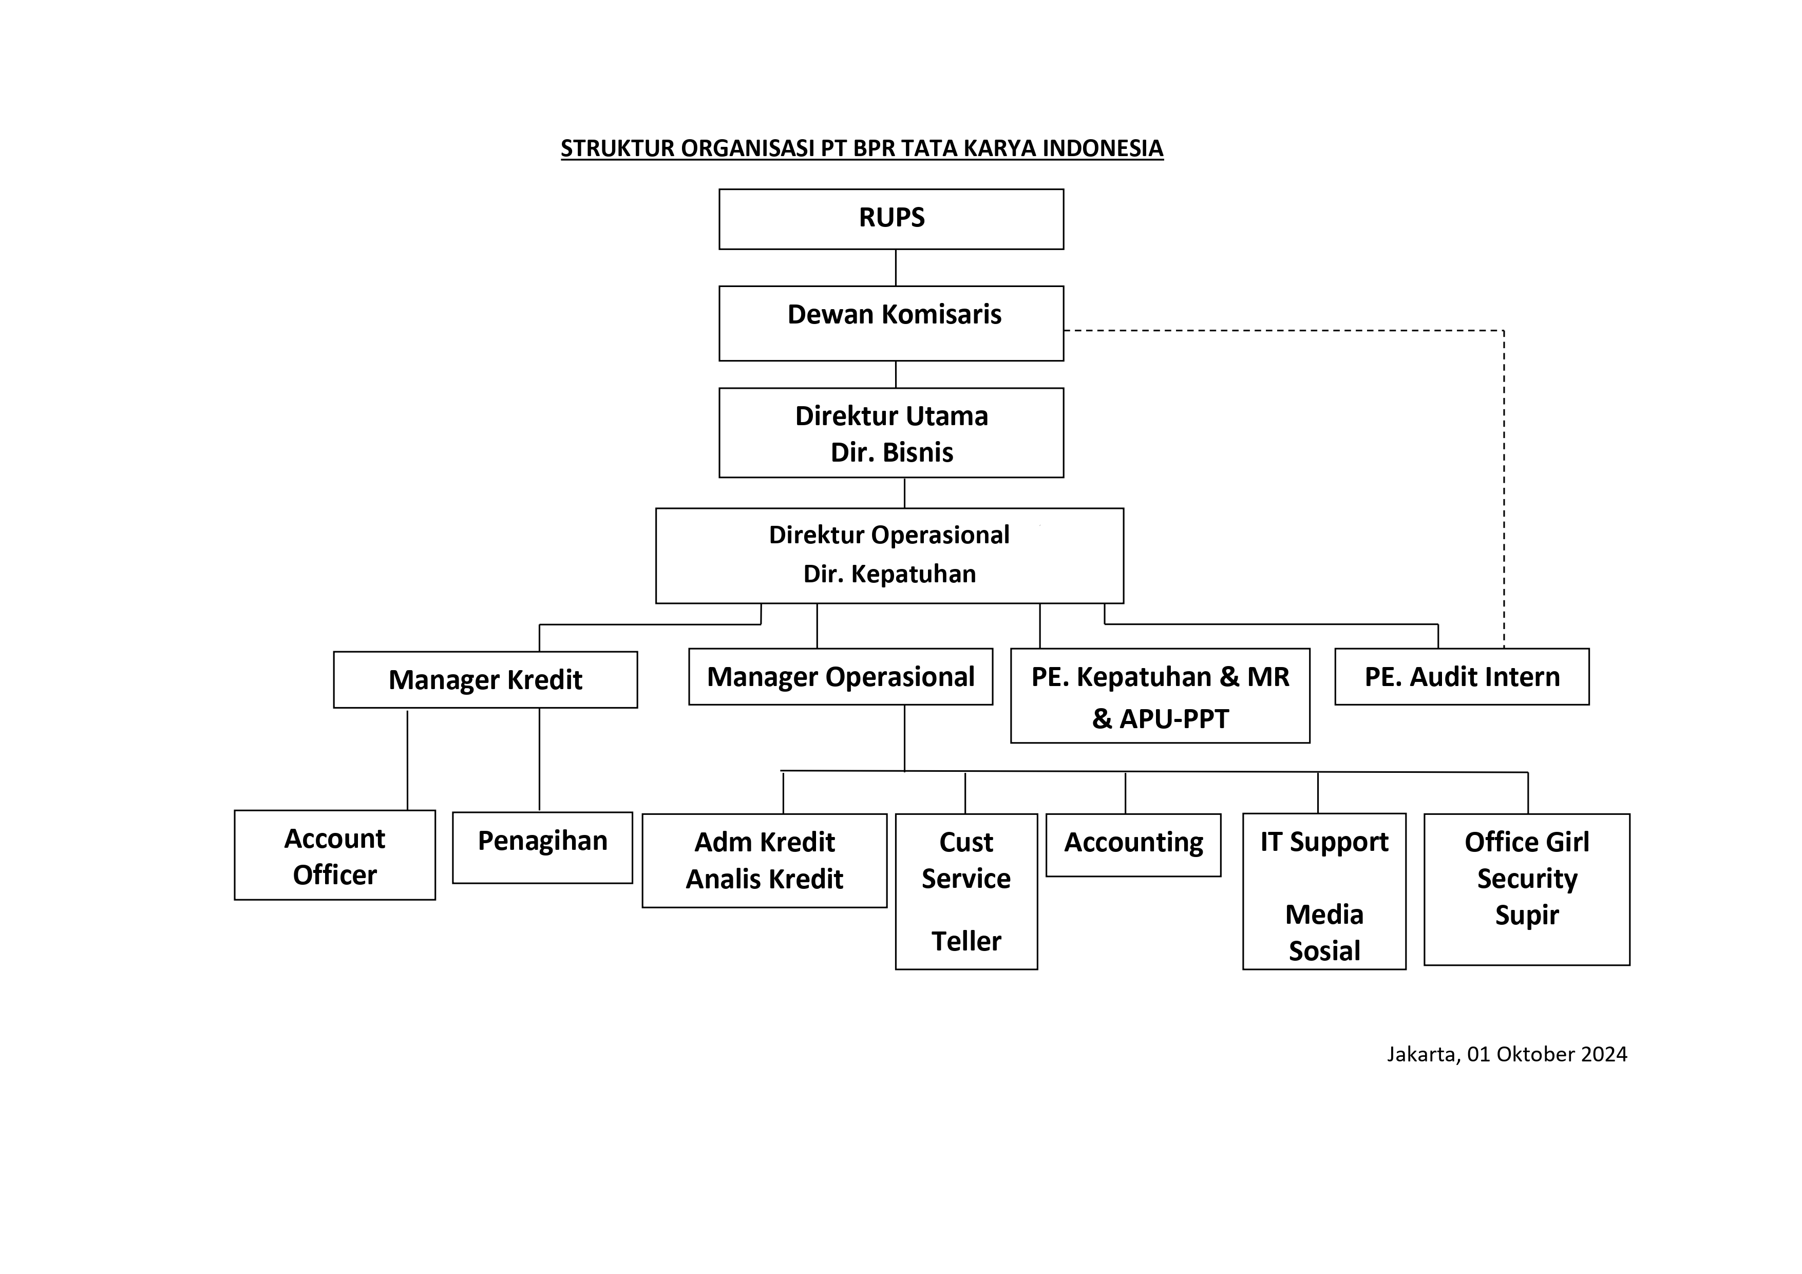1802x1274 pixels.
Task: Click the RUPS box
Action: [891, 219]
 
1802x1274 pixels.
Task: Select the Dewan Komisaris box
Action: [891, 324]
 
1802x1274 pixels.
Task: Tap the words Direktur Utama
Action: [891, 416]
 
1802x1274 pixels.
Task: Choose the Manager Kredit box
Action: [485, 680]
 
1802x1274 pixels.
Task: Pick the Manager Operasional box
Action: [841, 677]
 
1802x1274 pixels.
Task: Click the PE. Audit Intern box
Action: [1462, 677]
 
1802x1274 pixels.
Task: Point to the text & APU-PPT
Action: [1160, 719]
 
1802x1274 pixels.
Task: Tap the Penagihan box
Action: [542, 848]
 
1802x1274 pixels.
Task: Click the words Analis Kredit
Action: [765, 879]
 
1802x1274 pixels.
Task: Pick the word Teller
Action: [966, 941]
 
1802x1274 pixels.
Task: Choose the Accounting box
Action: [1133, 845]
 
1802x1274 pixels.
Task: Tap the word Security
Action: [1527, 879]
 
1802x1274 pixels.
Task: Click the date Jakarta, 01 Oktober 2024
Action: [1507, 1054]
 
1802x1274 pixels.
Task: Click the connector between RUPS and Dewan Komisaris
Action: [896, 268]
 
